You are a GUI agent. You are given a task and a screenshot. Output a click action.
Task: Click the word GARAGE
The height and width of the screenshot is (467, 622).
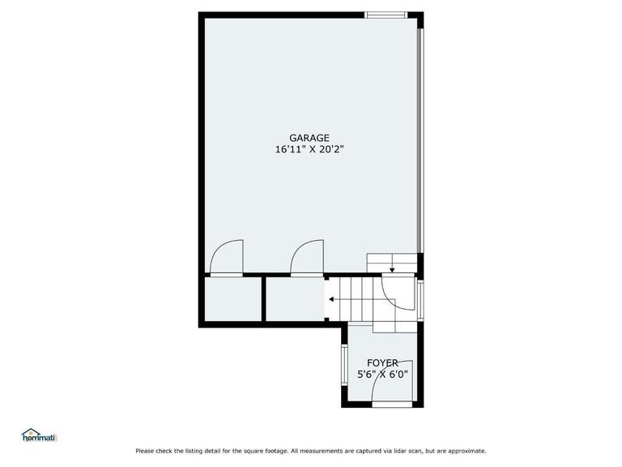point(309,138)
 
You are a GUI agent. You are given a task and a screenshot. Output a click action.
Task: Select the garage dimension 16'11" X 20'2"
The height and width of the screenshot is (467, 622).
point(309,150)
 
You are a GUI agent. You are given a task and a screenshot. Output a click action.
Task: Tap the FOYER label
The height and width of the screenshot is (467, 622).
point(382,363)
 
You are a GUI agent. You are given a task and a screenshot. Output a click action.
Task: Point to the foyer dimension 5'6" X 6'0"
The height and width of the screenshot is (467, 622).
point(382,375)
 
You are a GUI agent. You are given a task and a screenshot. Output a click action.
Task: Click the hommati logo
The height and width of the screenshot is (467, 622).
point(40,435)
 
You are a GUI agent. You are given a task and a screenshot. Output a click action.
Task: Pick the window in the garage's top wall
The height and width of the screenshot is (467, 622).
point(386,15)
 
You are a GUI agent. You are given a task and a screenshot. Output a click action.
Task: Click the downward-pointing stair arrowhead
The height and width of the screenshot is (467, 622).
point(392,270)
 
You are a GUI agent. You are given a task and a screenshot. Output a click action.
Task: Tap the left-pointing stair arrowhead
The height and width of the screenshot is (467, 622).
point(331,299)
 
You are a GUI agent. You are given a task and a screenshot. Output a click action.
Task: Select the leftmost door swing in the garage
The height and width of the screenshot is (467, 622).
point(227,257)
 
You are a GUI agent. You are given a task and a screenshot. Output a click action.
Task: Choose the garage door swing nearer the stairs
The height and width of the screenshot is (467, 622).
point(307,257)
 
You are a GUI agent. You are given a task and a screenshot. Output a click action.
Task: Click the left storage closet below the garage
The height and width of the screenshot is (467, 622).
point(232,298)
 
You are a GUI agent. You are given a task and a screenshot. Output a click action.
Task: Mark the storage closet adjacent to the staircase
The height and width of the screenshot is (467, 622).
point(295,298)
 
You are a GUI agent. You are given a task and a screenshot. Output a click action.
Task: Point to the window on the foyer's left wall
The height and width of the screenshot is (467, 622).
point(344,365)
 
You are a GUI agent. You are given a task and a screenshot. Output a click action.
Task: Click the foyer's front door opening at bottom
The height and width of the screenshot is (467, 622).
point(392,405)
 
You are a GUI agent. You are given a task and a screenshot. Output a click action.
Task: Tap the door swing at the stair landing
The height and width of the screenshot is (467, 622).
point(398,292)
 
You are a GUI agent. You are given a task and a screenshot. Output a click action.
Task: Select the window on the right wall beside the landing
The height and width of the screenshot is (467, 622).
point(420,300)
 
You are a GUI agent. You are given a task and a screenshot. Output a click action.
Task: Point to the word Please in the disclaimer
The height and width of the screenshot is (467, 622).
point(144,451)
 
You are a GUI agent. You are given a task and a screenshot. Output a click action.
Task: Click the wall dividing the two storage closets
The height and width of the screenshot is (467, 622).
point(263,298)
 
